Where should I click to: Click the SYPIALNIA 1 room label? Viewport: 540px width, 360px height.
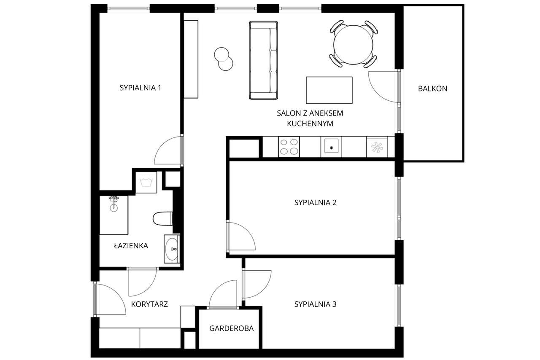coord(140,88)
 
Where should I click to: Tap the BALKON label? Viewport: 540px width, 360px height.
coord(432,89)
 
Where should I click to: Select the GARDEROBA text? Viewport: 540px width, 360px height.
coord(232,328)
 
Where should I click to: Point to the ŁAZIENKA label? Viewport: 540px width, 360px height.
coord(131,245)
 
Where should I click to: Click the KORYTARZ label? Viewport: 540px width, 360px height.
coord(149,304)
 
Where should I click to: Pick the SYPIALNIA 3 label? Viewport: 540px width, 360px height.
coord(315,304)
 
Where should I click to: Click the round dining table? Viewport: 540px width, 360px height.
coord(353,45)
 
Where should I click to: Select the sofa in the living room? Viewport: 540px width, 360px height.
coord(263,60)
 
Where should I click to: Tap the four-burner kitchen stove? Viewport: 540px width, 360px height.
coord(289,147)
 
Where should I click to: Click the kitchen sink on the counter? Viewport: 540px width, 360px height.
coord(331,146)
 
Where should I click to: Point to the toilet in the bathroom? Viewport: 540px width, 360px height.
coord(163,218)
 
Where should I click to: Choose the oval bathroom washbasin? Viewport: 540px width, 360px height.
coord(172,249)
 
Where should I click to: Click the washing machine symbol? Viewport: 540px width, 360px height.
coord(146,182)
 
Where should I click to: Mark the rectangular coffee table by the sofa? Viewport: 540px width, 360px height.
coord(329,90)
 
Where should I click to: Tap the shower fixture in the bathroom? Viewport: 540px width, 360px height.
coord(114,204)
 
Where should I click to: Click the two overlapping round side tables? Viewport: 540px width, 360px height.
coord(224,59)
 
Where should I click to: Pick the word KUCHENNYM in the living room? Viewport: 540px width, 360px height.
coord(310,124)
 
